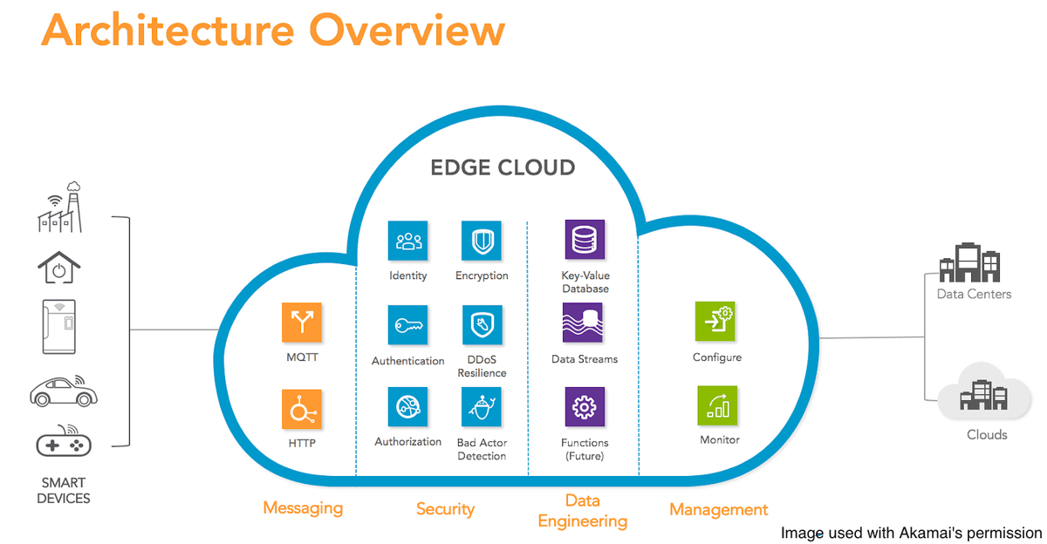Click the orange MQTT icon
[302, 323]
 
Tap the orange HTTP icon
[302, 409]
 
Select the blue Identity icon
[407, 241]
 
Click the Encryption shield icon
[482, 241]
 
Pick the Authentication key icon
[407, 325]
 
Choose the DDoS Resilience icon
[482, 325]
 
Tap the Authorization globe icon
[407, 407]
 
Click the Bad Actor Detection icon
[482, 407]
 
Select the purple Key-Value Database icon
[585, 240]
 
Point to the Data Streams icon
[583, 323]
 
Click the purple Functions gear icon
[585, 407]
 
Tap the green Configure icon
[715, 322]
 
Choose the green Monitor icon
[717, 405]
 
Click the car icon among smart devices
[64, 391]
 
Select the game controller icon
[64, 440]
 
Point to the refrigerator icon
[59, 327]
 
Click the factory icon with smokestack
[60, 207]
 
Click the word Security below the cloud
[446, 509]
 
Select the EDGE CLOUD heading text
[503, 167]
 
